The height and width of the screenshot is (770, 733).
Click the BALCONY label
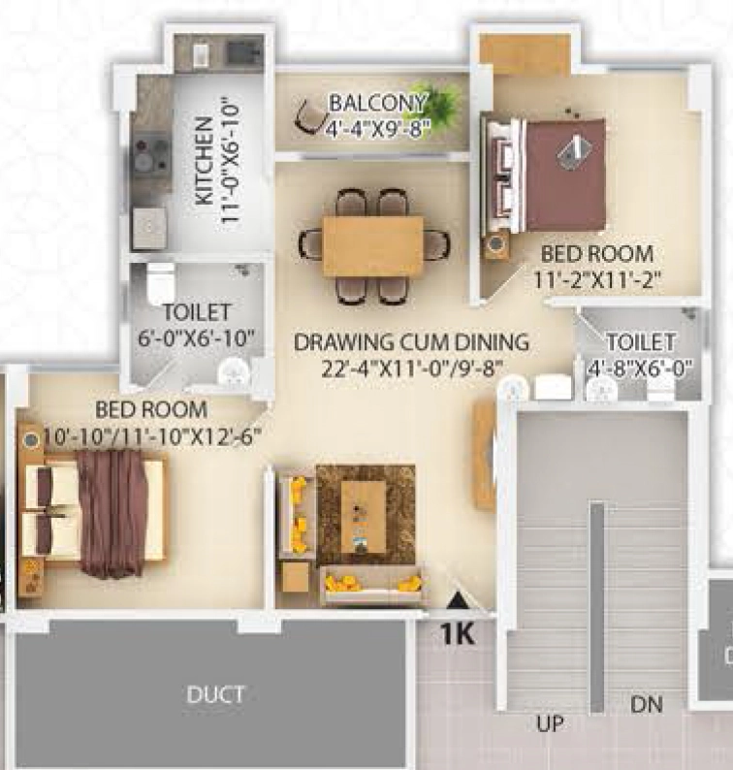[377, 104]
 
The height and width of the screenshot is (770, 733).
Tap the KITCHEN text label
[204, 161]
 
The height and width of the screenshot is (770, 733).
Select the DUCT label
[215, 694]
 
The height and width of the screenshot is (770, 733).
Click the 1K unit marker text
[458, 634]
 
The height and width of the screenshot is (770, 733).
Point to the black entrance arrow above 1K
[458, 600]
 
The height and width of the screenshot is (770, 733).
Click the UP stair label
[550, 723]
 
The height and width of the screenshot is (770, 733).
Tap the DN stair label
[647, 705]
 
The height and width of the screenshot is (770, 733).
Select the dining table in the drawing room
[372, 247]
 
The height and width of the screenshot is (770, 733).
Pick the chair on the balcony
[310, 116]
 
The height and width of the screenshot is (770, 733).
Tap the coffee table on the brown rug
[363, 517]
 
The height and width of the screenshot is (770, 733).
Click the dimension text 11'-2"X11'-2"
[597, 280]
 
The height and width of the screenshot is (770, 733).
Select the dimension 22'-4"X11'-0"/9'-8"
[412, 369]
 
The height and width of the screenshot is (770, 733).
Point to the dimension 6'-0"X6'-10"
[196, 338]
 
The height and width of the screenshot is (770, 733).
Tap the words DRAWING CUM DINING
[411, 342]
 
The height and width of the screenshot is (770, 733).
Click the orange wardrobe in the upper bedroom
[526, 54]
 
